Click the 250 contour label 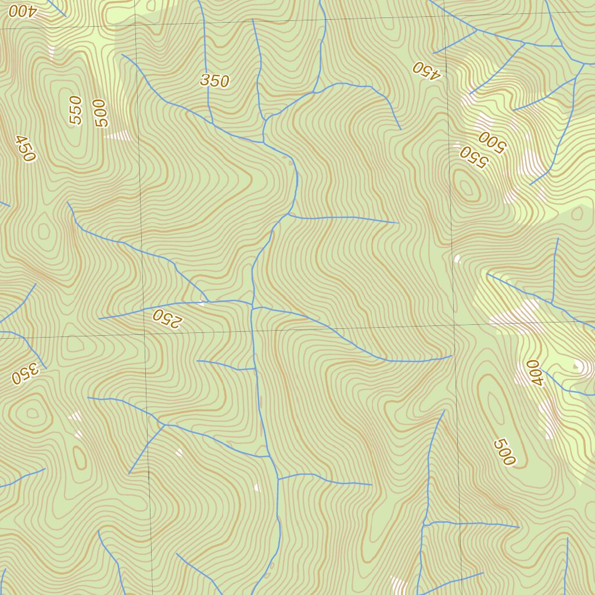(167, 318)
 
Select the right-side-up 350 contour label (214, 81)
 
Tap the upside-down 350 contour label (24, 374)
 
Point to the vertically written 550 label (76, 110)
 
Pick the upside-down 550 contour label (472, 156)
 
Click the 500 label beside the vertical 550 (102, 113)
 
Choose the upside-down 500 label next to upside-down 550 (492, 141)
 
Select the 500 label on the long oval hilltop (504, 452)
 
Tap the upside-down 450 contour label (427, 69)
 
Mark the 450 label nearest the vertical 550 (26, 148)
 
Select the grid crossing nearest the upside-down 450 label (445, 16)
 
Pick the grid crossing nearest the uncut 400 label (454, 327)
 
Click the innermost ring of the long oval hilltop (496, 407)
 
